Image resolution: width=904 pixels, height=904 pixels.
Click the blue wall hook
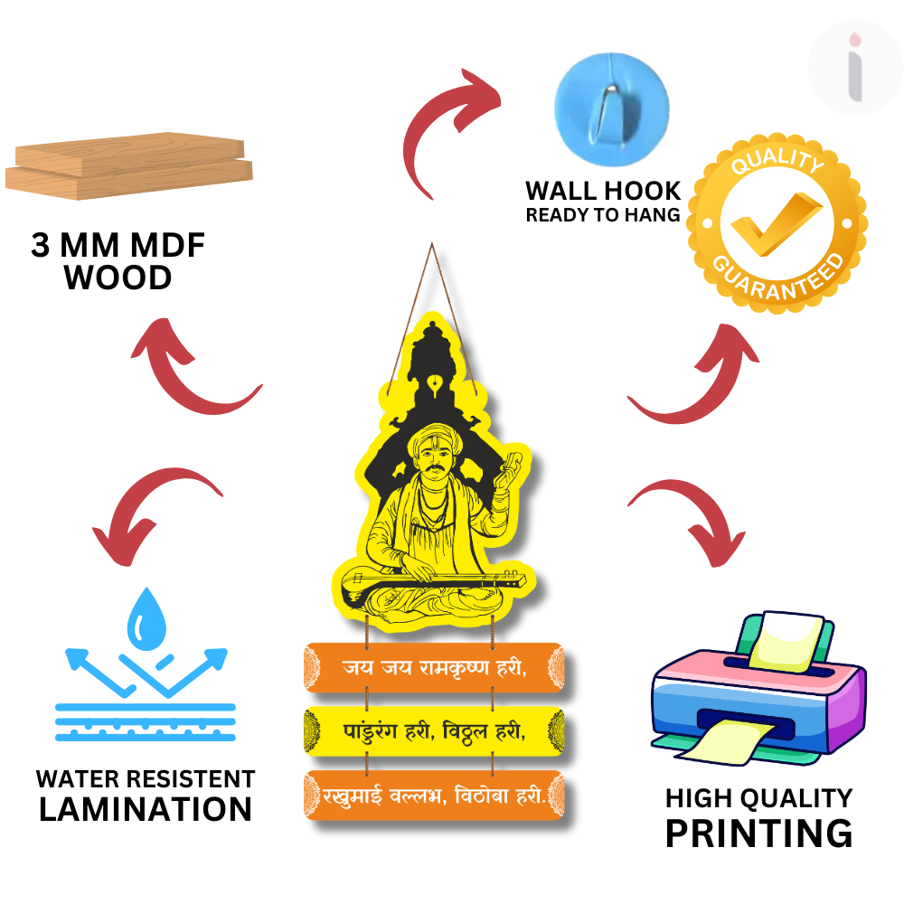pyautogui.click(x=612, y=109)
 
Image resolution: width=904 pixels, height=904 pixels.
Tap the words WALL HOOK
pyautogui.click(x=603, y=191)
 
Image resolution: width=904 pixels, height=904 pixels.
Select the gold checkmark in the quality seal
pyautogui.click(x=776, y=223)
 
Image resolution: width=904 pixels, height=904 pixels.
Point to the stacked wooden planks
pyautogui.click(x=129, y=166)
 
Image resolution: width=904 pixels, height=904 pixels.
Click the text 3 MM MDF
pyautogui.click(x=118, y=245)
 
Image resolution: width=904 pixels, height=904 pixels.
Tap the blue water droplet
pyautogui.click(x=146, y=619)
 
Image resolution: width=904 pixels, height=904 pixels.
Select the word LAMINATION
pyautogui.click(x=146, y=809)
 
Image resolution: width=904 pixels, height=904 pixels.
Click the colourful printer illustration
pyautogui.click(x=758, y=688)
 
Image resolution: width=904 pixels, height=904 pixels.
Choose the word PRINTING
pyautogui.click(x=758, y=833)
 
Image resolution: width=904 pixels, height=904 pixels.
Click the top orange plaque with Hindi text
pyautogui.click(x=434, y=667)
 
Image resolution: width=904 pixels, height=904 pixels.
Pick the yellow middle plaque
pyautogui.click(x=434, y=731)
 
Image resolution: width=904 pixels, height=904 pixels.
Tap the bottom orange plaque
pyautogui.click(x=434, y=795)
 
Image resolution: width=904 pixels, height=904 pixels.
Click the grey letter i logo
pyautogui.click(x=855, y=68)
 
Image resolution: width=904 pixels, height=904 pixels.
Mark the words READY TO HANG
pyautogui.click(x=603, y=215)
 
